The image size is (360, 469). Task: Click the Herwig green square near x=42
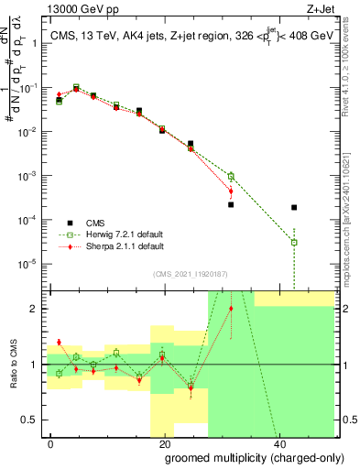tap(293, 242)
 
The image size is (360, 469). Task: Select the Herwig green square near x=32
tap(231, 176)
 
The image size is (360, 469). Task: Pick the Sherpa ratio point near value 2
tap(231, 309)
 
